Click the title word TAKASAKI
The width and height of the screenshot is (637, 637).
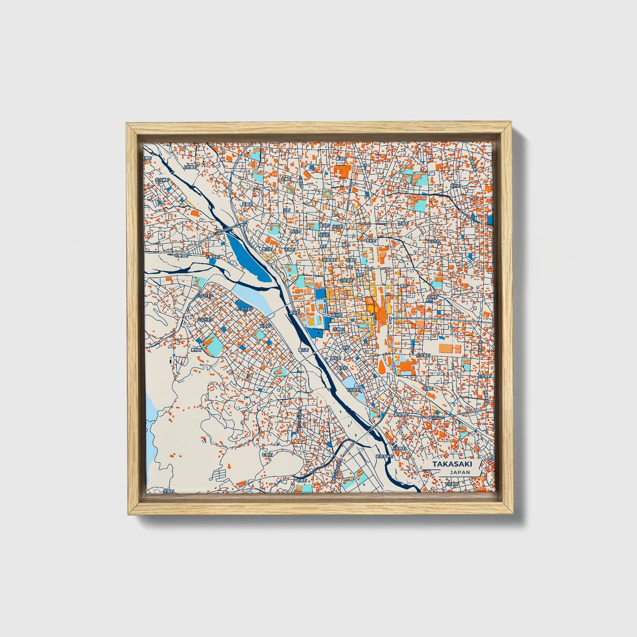pos(451,464)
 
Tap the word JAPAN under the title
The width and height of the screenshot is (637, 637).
pos(460,472)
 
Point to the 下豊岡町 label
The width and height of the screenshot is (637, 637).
pos(214,257)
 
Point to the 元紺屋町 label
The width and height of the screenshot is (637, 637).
pos(346,280)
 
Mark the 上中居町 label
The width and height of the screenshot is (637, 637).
pos(484,376)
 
